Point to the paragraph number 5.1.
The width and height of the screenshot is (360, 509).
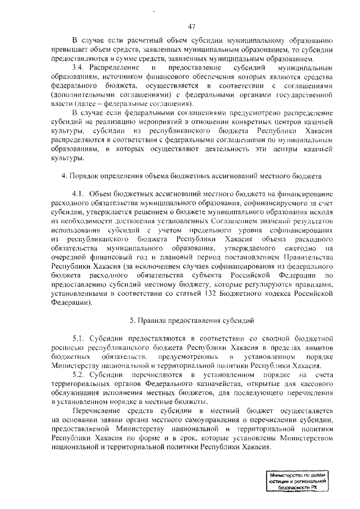[79, 338]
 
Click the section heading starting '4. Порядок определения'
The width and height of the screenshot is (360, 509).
[191, 176]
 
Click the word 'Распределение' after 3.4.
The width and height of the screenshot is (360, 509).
[114, 67]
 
